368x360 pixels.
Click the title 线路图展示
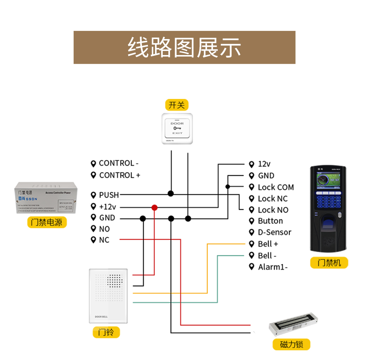pos(184,47)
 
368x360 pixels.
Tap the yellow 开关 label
pos(177,105)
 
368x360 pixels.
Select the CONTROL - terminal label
pos(118,163)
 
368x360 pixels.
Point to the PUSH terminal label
pos(109,195)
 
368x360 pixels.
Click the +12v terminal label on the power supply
pos(107,207)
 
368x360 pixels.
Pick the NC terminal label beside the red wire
pos(104,240)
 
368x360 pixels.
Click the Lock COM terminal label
pos(275,187)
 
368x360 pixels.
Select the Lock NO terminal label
pos(273,210)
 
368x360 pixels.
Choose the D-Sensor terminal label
pos(274,232)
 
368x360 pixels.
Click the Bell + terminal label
pos(268,244)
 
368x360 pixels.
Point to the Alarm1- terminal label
pos(272,267)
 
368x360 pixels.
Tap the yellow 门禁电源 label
pos(47,222)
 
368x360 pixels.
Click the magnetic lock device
pos(294,325)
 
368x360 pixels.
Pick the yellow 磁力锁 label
pos(291,344)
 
